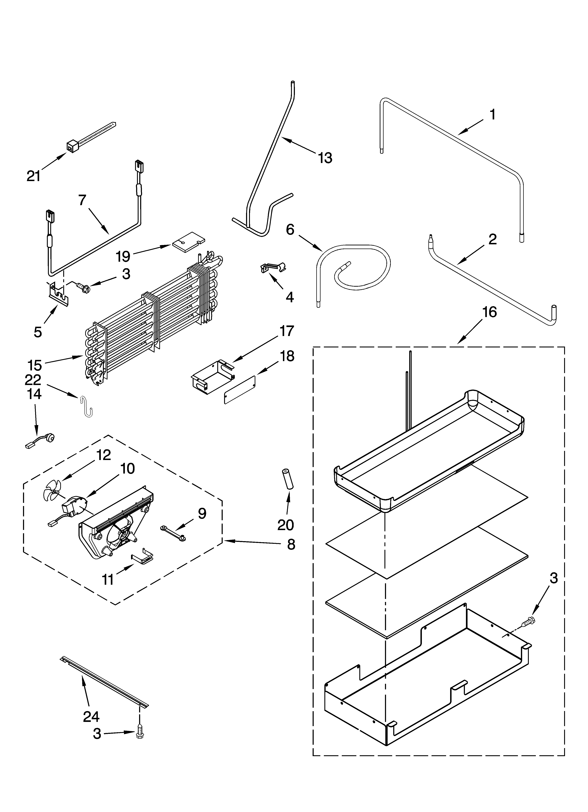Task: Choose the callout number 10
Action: point(128,468)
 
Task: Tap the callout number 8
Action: point(291,544)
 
